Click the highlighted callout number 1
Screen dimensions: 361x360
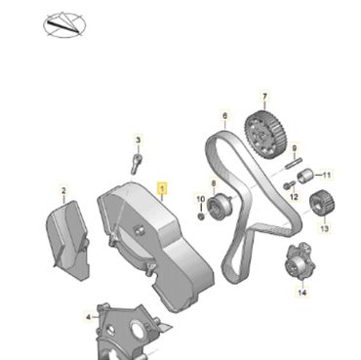point(162,188)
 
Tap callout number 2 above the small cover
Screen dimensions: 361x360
point(63,190)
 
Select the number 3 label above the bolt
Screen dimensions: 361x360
point(139,140)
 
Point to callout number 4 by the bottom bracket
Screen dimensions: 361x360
point(89,316)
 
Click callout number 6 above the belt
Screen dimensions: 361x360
point(225,115)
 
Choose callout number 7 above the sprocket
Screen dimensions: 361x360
point(264,97)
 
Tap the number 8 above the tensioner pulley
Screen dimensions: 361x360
point(214,183)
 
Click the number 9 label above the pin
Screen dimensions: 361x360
point(295,148)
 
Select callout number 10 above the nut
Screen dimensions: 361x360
point(201,199)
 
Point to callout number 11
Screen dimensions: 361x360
point(327,175)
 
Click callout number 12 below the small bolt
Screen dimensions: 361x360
point(294,197)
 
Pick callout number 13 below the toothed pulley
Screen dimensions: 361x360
point(325,228)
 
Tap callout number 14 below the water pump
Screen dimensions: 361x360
point(302,293)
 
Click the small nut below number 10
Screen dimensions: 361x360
point(201,216)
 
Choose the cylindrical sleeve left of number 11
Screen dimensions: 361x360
point(304,176)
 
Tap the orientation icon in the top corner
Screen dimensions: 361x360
point(64,25)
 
